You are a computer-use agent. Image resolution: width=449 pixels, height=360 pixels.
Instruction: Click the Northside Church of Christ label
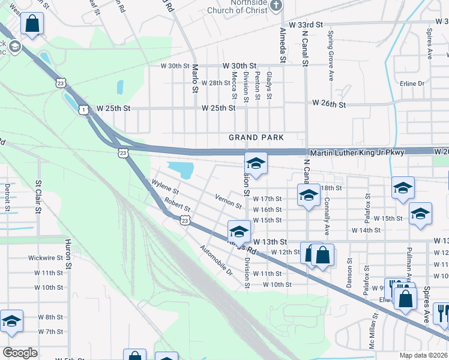[237, 7]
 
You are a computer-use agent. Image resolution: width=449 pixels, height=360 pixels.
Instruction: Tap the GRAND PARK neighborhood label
[256, 138]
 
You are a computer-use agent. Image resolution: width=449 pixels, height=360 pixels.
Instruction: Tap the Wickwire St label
[46, 258]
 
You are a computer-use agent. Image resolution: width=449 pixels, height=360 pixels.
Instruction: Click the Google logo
[20, 352]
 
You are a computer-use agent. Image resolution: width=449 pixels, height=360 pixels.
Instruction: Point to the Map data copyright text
[424, 355]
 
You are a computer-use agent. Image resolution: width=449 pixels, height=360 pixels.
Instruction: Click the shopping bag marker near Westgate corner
[32, 25]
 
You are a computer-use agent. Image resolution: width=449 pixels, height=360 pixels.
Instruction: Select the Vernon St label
[228, 201]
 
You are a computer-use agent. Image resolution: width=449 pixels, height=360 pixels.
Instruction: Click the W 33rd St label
[306, 25]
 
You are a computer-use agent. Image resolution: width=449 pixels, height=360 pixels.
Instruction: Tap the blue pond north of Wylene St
[181, 170]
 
